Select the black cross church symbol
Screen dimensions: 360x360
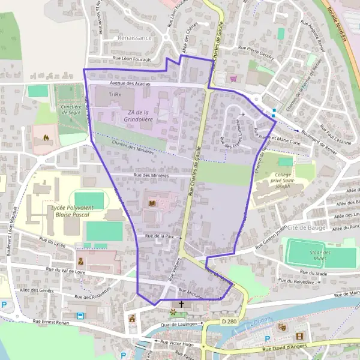(181, 305)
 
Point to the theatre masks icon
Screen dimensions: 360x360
(280, 327)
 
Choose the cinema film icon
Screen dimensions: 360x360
(299, 336)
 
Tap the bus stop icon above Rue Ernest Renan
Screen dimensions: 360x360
(80, 315)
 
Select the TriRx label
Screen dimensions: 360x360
(115, 95)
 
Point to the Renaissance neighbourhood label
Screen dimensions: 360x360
(135, 37)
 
